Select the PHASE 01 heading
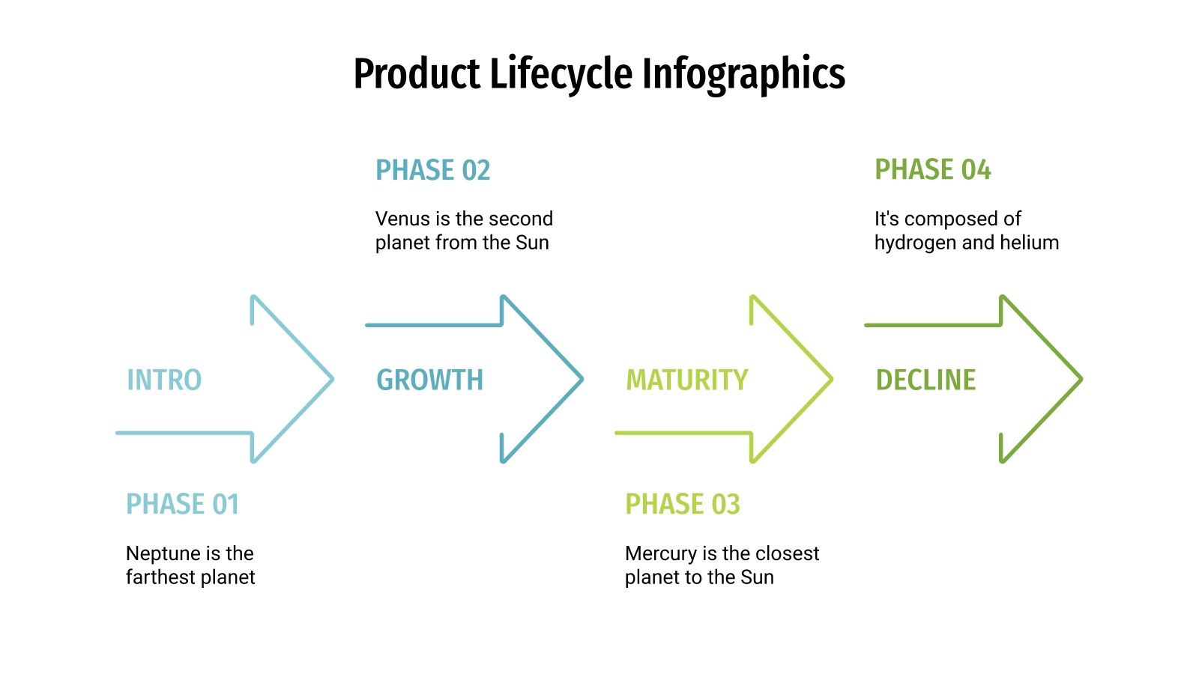pos(182,504)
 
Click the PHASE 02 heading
pos(432,170)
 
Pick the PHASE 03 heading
pos(682,504)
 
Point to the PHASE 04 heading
pos(932,170)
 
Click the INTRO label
pos(164,380)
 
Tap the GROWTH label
pos(429,380)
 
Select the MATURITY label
pos(686,380)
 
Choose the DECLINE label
pos(925,380)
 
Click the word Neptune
pos(159,553)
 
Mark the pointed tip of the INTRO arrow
pos(331,379)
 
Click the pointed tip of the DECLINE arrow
pos(1081,379)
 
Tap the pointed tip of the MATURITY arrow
pos(831,379)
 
